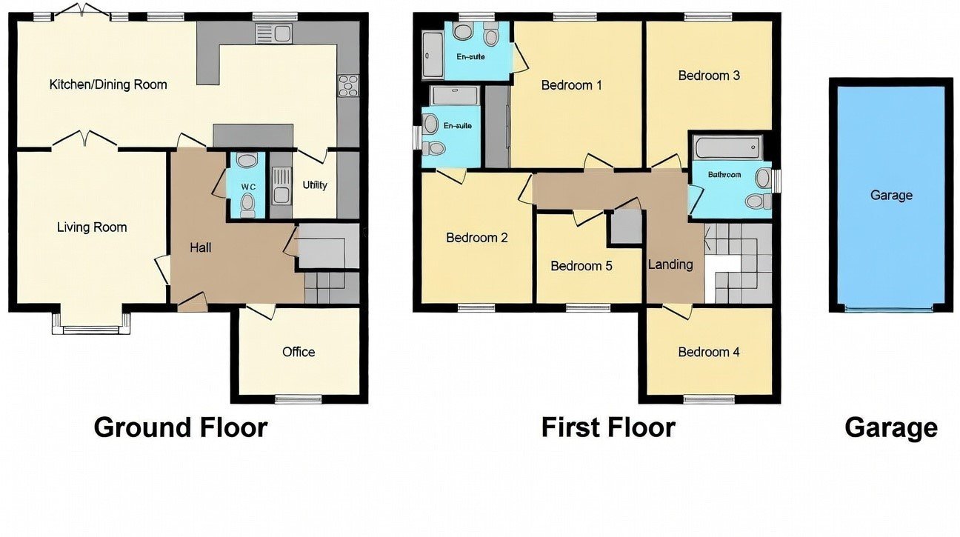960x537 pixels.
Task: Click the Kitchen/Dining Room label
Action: coord(108,84)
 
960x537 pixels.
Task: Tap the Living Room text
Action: coord(92,227)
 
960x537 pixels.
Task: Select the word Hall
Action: coord(201,247)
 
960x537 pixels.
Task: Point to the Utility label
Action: coord(315,185)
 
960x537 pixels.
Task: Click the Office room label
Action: coord(299,352)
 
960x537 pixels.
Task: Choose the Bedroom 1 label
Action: coord(572,85)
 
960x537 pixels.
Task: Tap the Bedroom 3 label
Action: coord(709,76)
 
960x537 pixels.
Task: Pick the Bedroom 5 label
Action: coord(581,266)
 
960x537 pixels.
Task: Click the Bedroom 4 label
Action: coord(709,352)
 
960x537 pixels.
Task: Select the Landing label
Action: coord(670,264)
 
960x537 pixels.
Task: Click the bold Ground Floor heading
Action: coord(180,428)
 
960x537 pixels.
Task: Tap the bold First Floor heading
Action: coord(608,428)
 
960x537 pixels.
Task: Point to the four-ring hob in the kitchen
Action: coord(348,86)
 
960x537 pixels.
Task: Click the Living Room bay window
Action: coord(91,327)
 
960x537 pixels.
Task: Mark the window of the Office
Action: coord(299,399)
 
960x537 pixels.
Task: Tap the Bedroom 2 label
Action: coord(477,238)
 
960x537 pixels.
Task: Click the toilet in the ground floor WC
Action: coord(247,205)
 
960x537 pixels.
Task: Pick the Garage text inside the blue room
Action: coord(891,196)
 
